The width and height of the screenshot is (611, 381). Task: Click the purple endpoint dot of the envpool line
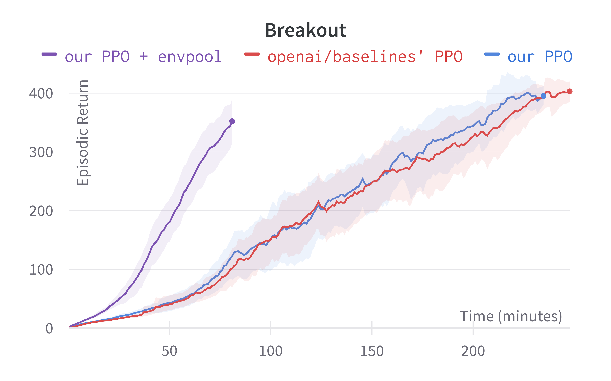pos(232,121)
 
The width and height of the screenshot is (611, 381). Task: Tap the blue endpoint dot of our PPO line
pos(543,96)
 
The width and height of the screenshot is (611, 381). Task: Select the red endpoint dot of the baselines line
pos(569,91)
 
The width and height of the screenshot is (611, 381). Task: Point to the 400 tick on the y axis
pos(41,94)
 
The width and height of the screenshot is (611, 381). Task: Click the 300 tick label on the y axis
pos(41,152)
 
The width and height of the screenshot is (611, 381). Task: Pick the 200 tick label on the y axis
pos(41,211)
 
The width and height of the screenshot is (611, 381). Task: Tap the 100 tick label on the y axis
pos(41,270)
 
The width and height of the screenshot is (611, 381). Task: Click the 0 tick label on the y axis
pos(49,328)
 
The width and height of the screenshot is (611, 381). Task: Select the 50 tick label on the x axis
pos(169,351)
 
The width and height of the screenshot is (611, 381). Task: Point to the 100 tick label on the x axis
pos(271,351)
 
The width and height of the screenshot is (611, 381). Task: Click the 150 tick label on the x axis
pos(372,351)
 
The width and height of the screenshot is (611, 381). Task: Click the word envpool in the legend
pos(190,56)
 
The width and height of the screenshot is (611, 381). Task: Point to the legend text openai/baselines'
pos(345,56)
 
